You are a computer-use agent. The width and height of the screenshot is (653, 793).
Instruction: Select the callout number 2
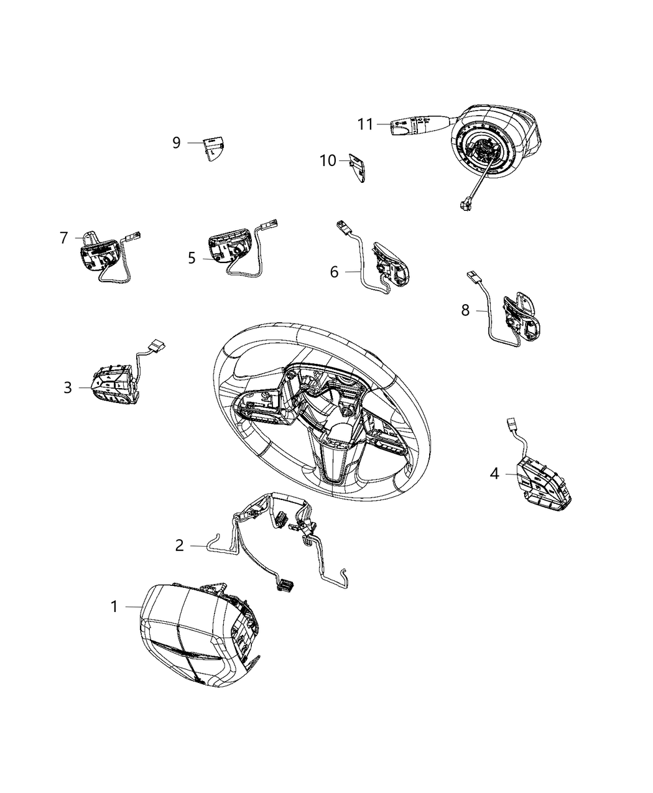click(179, 545)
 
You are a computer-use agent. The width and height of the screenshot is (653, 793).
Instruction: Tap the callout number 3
click(68, 387)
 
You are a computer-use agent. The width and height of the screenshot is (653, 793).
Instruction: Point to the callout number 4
click(494, 473)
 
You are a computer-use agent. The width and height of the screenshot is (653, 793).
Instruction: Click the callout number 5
click(192, 258)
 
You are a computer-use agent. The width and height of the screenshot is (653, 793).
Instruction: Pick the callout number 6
click(334, 272)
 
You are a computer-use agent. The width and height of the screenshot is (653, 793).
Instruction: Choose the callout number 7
click(64, 238)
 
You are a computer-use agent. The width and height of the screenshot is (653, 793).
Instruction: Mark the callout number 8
click(465, 310)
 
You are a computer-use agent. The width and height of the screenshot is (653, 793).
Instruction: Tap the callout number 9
click(176, 143)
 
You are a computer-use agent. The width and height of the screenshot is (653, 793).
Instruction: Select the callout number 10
click(328, 160)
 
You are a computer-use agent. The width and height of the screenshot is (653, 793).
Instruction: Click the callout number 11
click(366, 124)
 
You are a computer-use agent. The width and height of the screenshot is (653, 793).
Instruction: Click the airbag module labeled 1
click(199, 642)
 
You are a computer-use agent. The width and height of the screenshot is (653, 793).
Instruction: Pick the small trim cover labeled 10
click(358, 168)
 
